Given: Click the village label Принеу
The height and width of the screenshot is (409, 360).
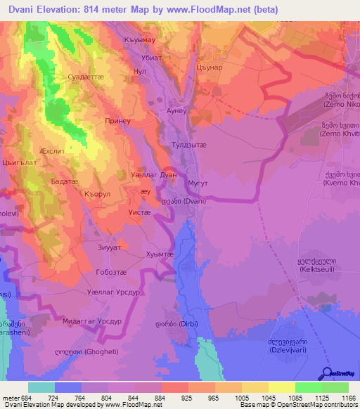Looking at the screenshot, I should click(118, 120).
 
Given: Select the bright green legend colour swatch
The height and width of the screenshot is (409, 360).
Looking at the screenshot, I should click(308, 387).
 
